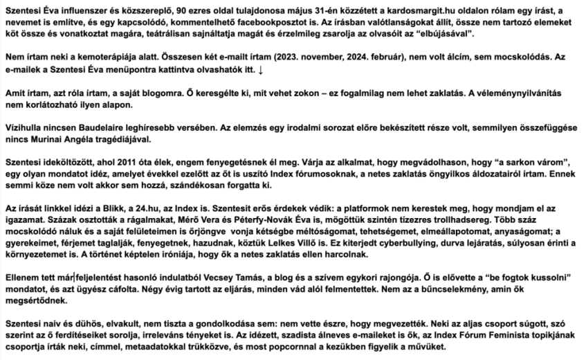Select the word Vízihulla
24,138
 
